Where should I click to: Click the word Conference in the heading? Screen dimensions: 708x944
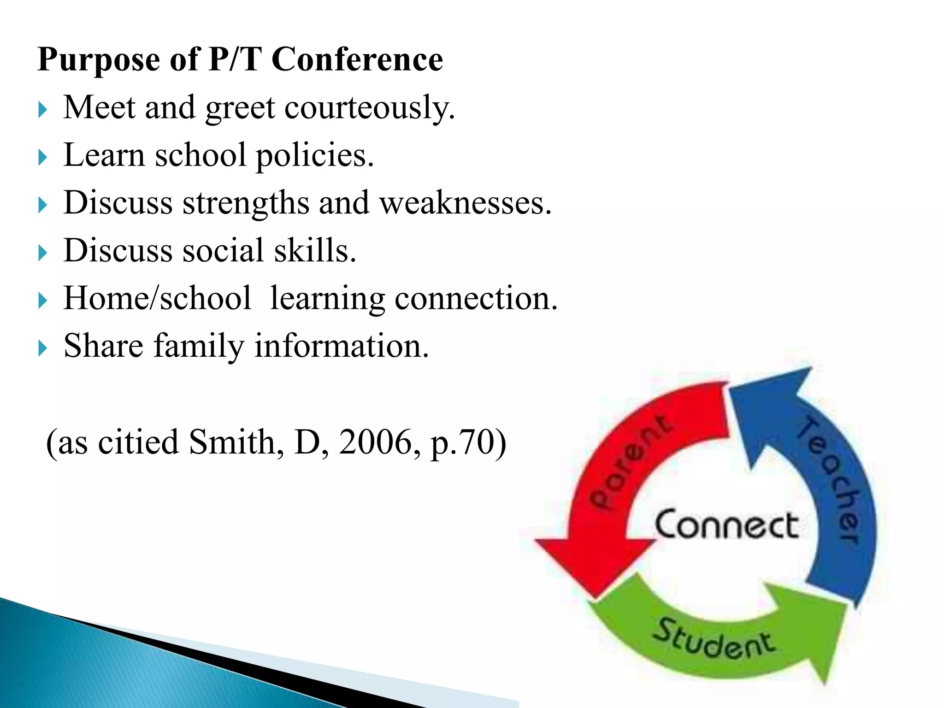357,60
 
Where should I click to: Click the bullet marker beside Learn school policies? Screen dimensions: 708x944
43,157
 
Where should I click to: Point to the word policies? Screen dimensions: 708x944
314,156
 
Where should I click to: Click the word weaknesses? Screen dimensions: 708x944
465,203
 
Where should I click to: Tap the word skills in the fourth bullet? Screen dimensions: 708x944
315,251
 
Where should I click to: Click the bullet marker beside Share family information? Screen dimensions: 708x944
43,348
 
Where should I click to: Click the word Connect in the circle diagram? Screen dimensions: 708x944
726,525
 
